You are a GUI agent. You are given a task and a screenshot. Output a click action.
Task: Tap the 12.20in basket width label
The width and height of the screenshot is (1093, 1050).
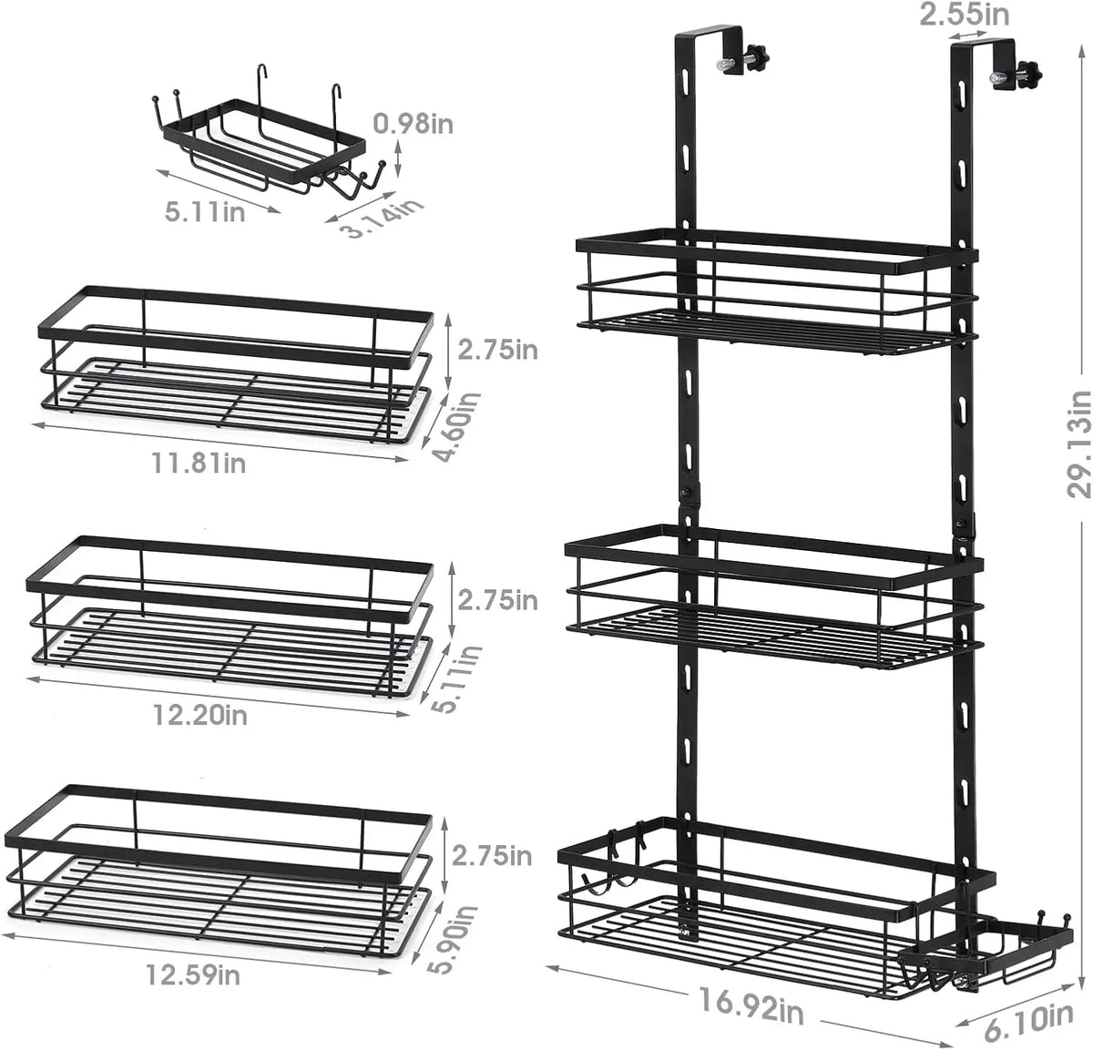point(200,714)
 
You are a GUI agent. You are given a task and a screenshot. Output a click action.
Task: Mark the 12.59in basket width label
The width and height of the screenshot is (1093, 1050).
point(192,974)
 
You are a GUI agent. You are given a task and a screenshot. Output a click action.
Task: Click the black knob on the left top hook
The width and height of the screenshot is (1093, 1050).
point(755,56)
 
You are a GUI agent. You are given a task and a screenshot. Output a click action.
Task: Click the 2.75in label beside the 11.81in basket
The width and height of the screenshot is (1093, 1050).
point(497,349)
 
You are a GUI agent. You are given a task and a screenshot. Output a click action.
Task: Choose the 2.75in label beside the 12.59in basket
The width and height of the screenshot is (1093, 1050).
point(492,855)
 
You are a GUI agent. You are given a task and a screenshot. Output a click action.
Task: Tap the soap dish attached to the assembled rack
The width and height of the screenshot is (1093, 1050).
point(984,956)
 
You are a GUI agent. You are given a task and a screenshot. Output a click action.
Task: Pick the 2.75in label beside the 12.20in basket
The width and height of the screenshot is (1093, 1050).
point(497,600)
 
